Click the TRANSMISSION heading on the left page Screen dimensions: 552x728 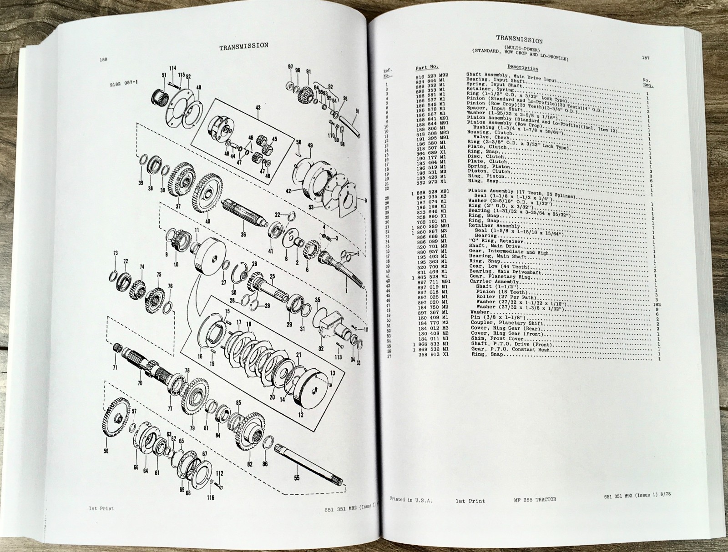243,45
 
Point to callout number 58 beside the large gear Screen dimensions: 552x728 106,452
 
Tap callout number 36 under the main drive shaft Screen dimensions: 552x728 243,235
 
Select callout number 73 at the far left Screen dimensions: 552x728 116,253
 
